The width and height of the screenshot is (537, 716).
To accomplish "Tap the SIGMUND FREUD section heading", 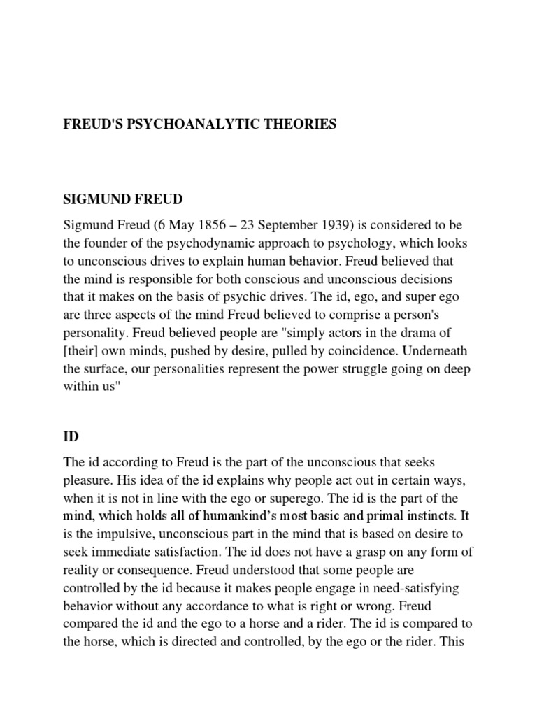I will tap(122, 199).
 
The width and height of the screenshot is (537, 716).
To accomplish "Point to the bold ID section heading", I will tap(71, 436).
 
